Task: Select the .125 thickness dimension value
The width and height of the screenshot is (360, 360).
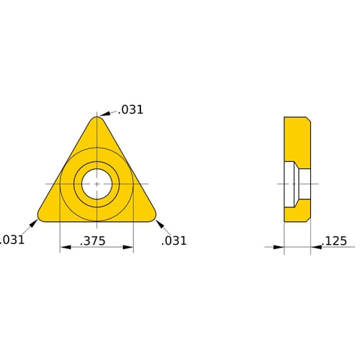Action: tap(336, 240)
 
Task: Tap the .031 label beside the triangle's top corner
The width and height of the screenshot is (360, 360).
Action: tap(131, 110)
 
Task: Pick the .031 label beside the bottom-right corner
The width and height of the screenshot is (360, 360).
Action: tap(174, 240)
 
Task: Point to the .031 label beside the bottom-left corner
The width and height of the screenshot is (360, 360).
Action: tap(12, 240)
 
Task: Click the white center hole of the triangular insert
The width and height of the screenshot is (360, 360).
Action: tap(96, 184)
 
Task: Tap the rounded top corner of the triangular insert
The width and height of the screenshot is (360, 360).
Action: tap(96, 120)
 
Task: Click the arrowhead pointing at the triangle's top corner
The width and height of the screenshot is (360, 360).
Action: tap(103, 114)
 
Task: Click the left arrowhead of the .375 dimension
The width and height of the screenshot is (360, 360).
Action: tap(63, 248)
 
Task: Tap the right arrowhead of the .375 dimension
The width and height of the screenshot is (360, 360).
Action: tap(129, 248)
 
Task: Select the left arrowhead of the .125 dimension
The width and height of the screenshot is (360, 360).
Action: tap(280, 247)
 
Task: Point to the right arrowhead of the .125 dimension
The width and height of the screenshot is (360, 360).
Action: tap(315, 247)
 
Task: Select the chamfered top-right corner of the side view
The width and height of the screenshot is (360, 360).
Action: tap(308, 119)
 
